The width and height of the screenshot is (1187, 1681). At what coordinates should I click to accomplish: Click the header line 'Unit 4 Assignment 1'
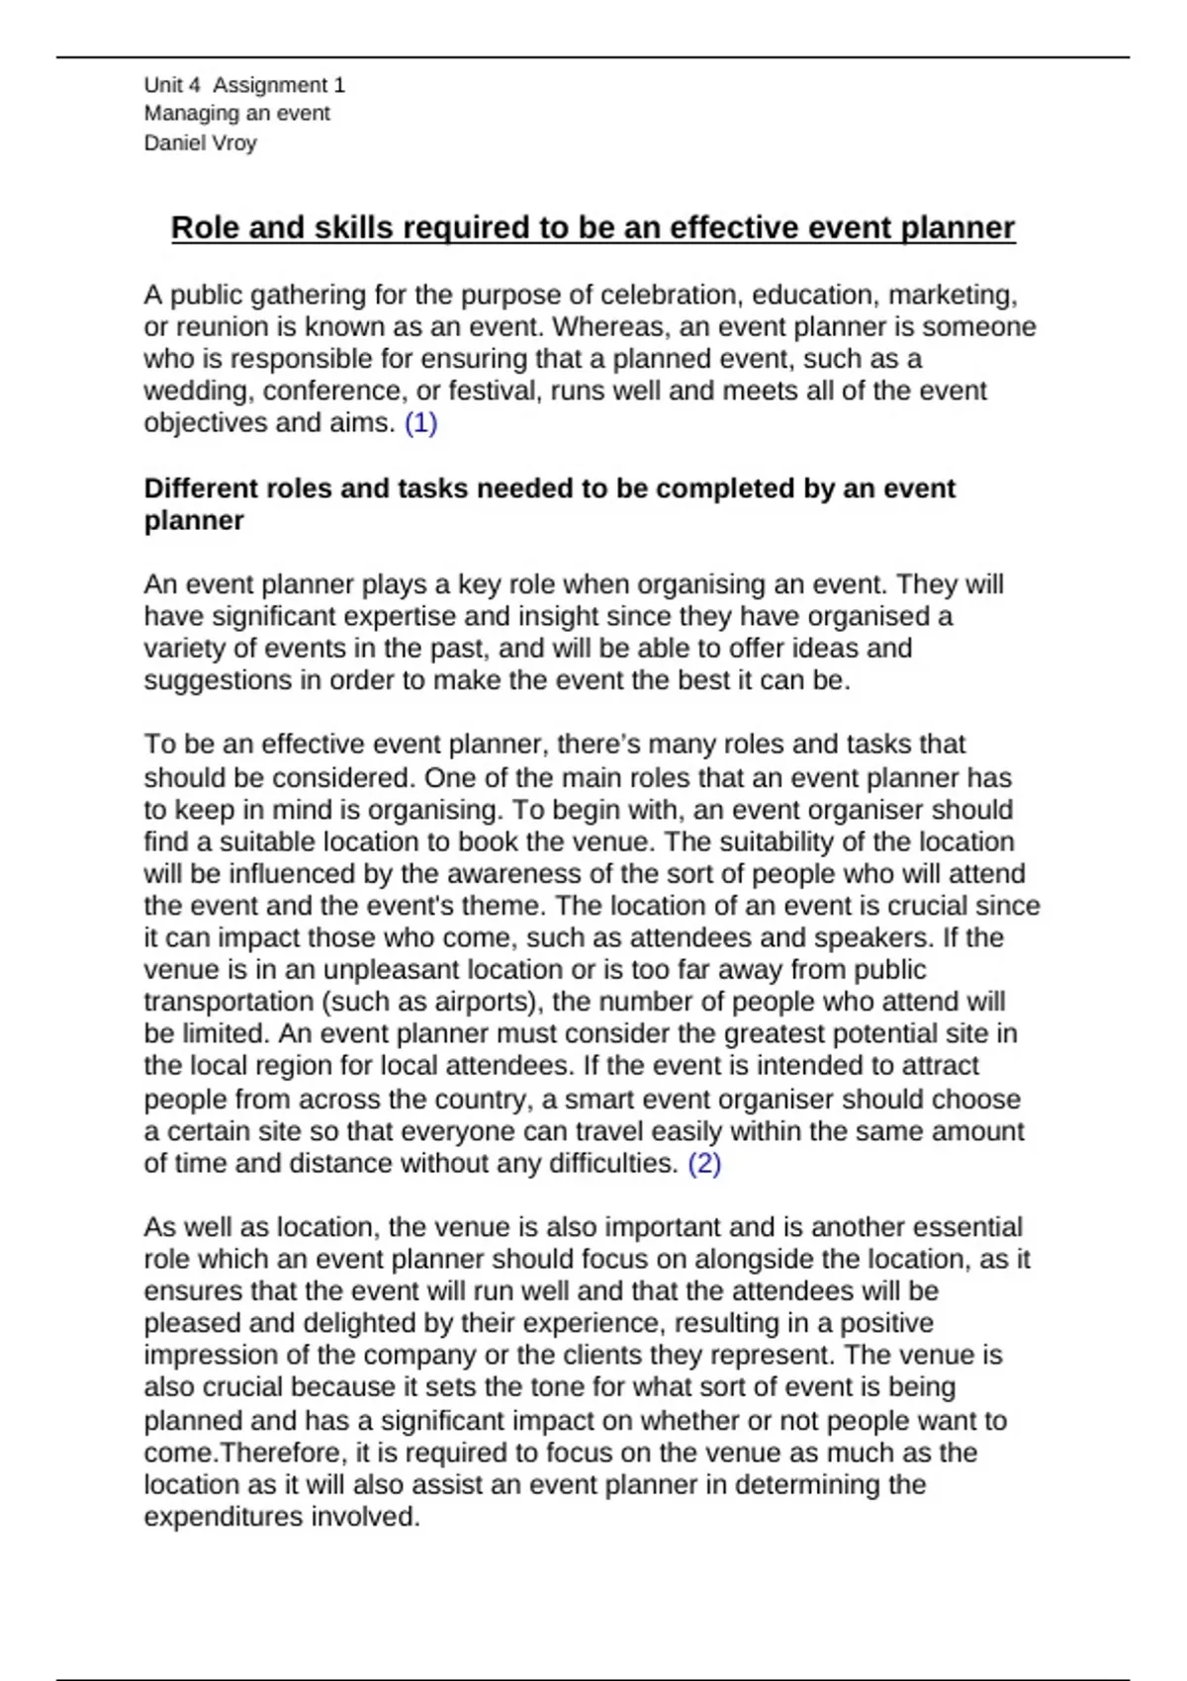(x=244, y=85)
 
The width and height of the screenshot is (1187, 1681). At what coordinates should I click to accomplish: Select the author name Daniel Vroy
(x=200, y=142)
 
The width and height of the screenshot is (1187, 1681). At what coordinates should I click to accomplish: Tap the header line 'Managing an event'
(x=236, y=114)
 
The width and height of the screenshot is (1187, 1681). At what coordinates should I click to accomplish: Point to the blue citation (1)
(x=421, y=423)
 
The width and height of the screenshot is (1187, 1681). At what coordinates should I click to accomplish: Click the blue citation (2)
(x=704, y=1164)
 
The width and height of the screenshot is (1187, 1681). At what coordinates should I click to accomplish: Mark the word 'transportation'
(x=228, y=1002)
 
